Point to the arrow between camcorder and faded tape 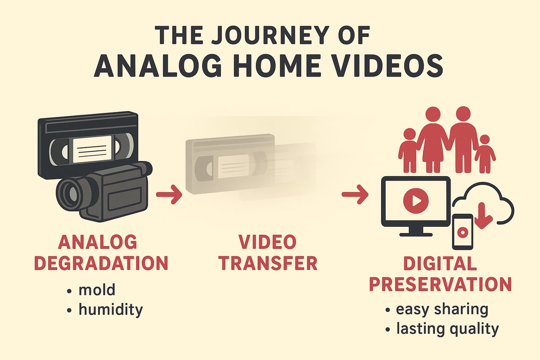point(169,195)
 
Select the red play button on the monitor point(416,201)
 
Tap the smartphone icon point(462,231)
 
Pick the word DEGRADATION point(101,263)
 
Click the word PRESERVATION point(440,283)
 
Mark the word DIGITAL point(440,263)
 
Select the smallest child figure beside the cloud point(485,153)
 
